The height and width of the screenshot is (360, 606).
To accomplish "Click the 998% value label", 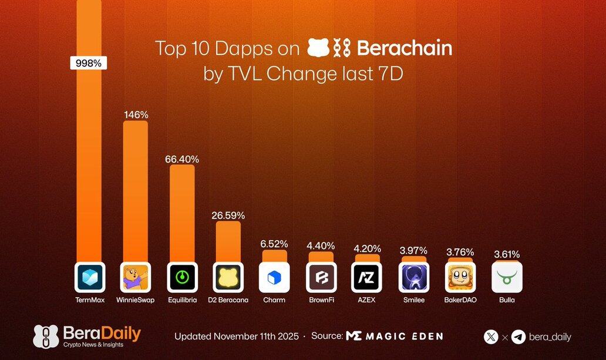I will pyautogui.click(x=88, y=63).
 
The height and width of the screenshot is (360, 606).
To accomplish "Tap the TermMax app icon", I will pyautogui.click(x=89, y=277).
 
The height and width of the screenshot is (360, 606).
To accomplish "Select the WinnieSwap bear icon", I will pyautogui.click(x=135, y=277).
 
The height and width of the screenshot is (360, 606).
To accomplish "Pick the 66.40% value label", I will pyautogui.click(x=181, y=159).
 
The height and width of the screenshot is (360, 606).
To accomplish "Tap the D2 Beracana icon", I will pyautogui.click(x=228, y=277).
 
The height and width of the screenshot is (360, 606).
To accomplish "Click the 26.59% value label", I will pyautogui.click(x=228, y=216).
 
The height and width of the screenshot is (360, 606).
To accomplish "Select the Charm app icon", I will pyautogui.click(x=274, y=277).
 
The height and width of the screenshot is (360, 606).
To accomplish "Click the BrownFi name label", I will pyautogui.click(x=321, y=300).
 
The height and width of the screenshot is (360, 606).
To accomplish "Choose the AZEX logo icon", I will pyautogui.click(x=367, y=277).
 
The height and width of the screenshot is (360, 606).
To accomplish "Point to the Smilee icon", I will pyautogui.click(x=413, y=277).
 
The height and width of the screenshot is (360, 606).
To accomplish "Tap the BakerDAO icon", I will pyautogui.click(x=460, y=277).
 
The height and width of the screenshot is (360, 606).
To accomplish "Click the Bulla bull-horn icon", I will pyautogui.click(x=507, y=277).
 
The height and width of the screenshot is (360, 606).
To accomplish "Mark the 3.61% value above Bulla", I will pyautogui.click(x=507, y=255).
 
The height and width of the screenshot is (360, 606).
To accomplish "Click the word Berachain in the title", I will pyautogui.click(x=404, y=48).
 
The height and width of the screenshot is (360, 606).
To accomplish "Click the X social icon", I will pyautogui.click(x=491, y=337).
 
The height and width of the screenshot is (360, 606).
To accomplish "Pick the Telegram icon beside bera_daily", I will pyautogui.click(x=518, y=337).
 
